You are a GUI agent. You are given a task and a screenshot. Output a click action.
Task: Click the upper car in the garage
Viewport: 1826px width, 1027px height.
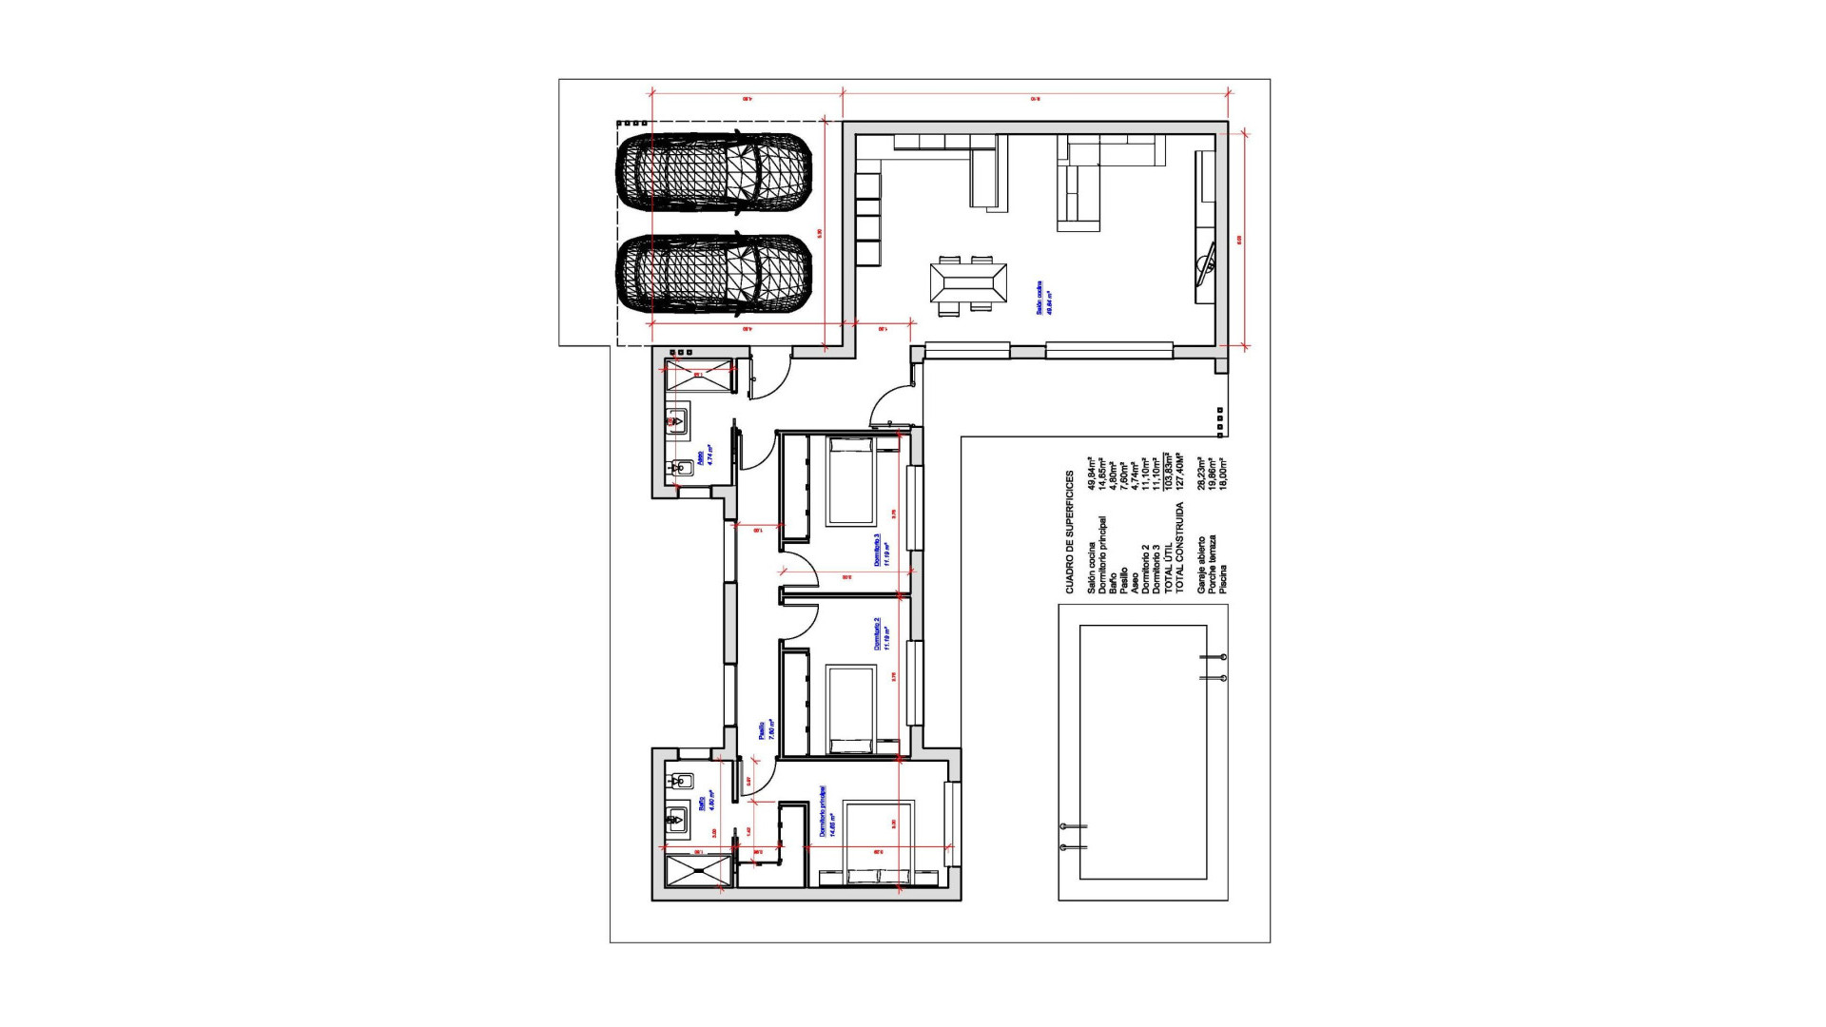[713, 171]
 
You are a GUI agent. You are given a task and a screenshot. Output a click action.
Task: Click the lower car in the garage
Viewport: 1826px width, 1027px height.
[713, 275]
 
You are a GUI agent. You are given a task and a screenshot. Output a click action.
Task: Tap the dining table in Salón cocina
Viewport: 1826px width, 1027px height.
[968, 283]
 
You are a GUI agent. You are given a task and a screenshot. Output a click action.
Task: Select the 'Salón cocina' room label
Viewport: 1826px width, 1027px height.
[1044, 298]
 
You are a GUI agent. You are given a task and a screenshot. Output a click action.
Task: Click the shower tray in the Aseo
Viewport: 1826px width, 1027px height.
[700, 375]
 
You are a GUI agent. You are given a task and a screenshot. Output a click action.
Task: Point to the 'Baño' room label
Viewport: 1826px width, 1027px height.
[705, 803]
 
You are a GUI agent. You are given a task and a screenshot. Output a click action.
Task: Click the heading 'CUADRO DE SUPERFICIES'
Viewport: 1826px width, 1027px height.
[1069, 533]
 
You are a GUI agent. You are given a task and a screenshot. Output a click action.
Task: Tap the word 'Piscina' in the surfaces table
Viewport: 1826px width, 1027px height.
[1223, 579]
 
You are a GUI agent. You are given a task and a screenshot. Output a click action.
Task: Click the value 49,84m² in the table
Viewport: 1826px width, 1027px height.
[1091, 473]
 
